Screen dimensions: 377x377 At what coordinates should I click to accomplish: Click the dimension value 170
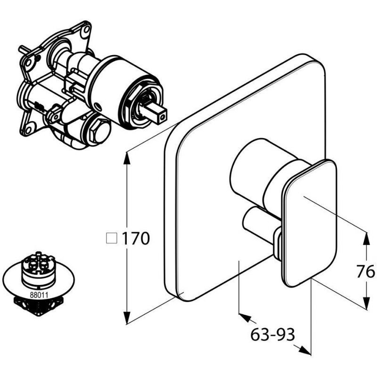tap(136, 239)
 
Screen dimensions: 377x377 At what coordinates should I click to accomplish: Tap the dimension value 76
tap(365, 271)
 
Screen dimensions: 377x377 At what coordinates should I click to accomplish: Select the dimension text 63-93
tap(273, 335)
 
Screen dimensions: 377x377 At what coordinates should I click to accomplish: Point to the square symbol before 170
tap(111, 238)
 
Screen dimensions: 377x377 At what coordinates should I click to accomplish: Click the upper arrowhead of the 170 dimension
tap(127, 158)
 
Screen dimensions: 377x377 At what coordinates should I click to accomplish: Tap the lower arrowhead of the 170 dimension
tap(127, 318)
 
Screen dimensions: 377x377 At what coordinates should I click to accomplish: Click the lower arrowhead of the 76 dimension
tap(366, 303)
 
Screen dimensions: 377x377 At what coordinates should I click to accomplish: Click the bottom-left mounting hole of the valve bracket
tap(28, 130)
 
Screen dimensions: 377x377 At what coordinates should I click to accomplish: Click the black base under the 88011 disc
tap(39, 307)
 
